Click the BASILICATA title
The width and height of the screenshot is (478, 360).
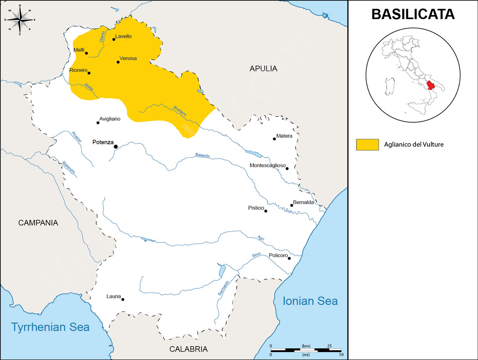point(413,14)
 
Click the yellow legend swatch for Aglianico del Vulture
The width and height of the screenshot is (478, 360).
point(367,145)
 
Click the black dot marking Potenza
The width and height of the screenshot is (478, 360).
point(116,147)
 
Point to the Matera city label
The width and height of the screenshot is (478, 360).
point(284,136)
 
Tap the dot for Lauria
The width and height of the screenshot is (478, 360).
point(123,299)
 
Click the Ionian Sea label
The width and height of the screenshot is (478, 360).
point(310,301)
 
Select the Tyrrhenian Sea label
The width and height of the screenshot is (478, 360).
point(51,327)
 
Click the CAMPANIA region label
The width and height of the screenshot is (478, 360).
point(38,223)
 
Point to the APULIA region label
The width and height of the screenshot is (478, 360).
point(263,69)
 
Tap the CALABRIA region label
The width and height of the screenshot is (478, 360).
point(188,349)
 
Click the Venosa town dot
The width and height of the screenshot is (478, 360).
point(118,62)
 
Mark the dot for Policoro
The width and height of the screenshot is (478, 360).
point(289,258)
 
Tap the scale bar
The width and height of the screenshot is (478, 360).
point(306,350)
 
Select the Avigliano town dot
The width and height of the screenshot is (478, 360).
point(98,122)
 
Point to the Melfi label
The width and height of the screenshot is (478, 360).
point(79,50)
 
